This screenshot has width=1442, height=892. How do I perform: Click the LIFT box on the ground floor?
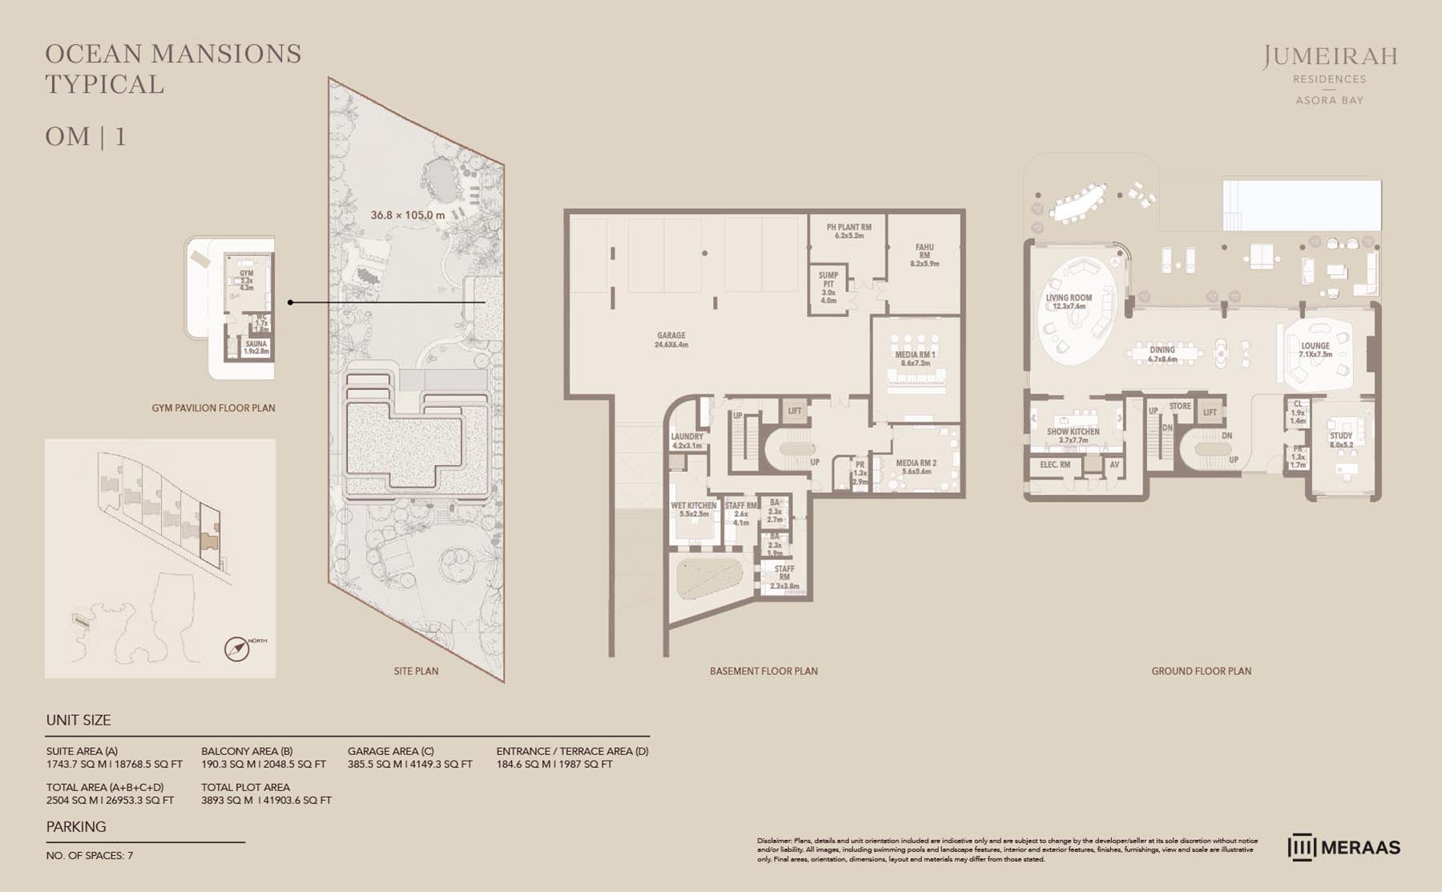pyautogui.click(x=1210, y=412)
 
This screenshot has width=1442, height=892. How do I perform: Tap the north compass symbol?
pyautogui.click(x=237, y=648)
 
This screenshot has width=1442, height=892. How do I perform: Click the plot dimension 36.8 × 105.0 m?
pyautogui.click(x=407, y=215)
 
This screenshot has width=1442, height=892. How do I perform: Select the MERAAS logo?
pyautogui.click(x=1343, y=848)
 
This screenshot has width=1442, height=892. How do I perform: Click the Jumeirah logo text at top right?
pyautogui.click(x=1330, y=57)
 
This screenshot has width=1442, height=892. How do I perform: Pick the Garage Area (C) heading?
pyautogui.click(x=390, y=751)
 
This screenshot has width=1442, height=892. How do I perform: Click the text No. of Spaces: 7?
pyautogui.click(x=90, y=855)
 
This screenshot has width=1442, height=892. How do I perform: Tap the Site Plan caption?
pyautogui.click(x=416, y=671)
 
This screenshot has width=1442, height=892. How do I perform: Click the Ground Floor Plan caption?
pyautogui.click(x=1201, y=671)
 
